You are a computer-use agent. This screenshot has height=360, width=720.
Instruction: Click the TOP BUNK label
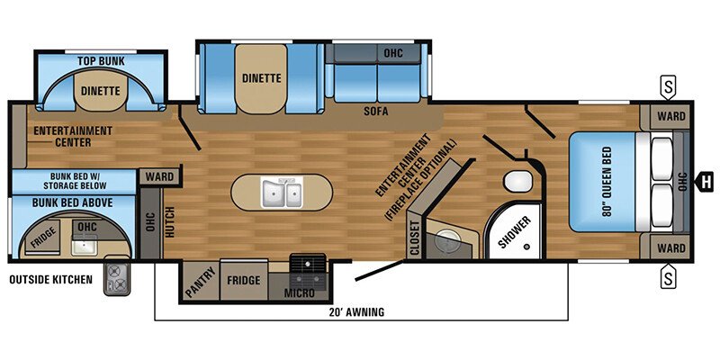[100, 61]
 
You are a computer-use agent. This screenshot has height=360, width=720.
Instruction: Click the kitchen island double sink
[281, 192]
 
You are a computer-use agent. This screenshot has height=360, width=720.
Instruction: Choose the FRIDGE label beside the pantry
[243, 281]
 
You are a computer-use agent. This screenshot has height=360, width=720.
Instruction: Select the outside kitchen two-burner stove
[117, 277]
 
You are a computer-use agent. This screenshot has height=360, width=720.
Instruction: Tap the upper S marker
[668, 87]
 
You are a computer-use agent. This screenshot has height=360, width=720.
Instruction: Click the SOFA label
[375, 113]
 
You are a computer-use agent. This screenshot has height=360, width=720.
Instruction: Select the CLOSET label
[414, 238]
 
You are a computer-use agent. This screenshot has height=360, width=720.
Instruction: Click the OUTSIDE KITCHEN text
[50, 280]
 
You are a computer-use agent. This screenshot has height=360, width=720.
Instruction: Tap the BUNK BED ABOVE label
[73, 202]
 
